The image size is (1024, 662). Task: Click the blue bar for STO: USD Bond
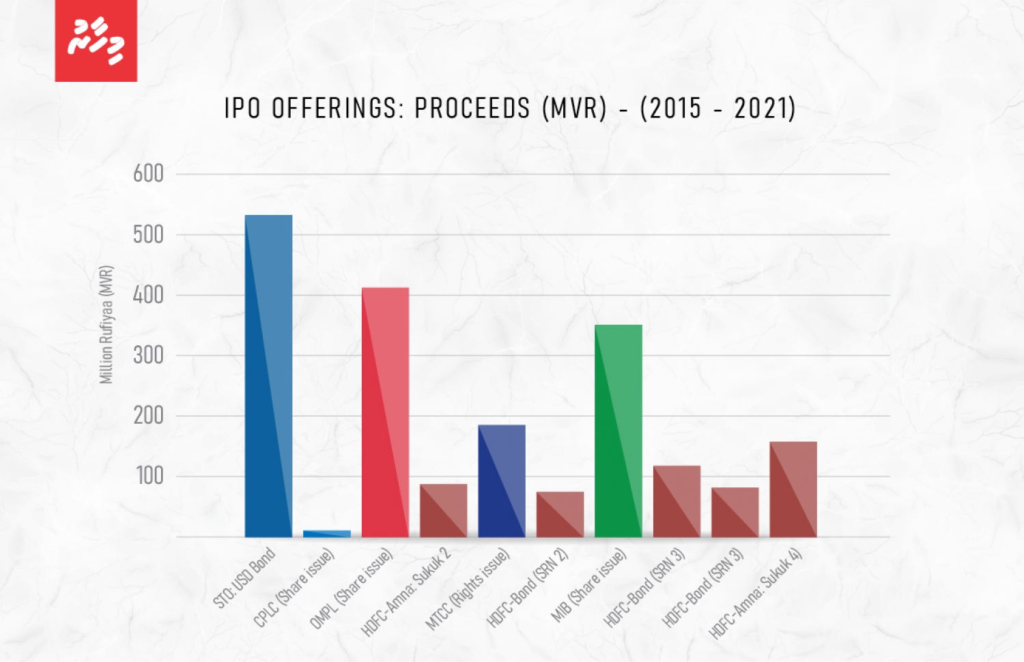point(268,375)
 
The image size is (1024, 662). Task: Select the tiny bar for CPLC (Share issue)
point(327,534)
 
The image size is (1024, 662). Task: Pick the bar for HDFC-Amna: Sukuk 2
point(443,510)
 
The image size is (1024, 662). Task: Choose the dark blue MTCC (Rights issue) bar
point(502,480)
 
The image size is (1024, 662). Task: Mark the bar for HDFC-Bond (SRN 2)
point(560,514)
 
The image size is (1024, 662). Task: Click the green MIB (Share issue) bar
point(618,431)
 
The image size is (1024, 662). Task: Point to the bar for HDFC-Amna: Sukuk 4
point(793,489)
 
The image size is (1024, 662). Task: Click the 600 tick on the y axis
point(148,174)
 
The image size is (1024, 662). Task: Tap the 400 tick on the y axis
point(148,295)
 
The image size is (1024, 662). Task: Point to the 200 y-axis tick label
point(148,416)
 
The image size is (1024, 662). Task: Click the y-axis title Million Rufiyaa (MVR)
point(106,325)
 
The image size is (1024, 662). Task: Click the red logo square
point(96,41)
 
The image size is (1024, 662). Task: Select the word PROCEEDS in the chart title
point(472,109)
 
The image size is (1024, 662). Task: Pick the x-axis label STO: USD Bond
point(244,578)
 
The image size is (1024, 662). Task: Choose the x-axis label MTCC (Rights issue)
point(468,589)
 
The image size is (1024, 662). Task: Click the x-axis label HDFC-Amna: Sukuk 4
point(755,593)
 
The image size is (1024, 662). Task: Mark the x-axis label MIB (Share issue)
point(588,586)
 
